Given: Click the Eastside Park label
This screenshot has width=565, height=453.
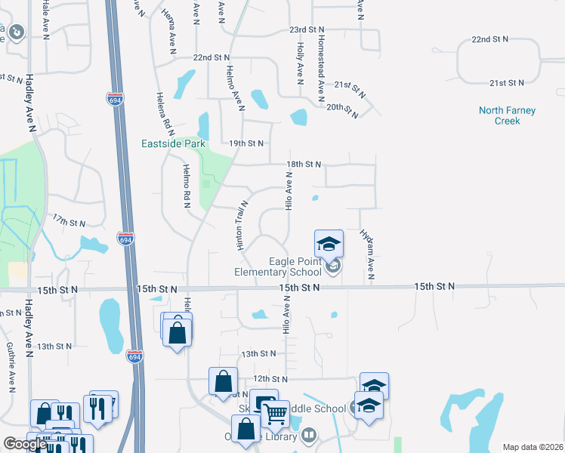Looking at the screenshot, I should [x=173, y=143].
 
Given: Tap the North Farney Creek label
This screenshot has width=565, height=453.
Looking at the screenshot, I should [x=507, y=116].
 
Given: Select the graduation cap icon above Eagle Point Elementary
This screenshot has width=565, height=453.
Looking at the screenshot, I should [x=329, y=244].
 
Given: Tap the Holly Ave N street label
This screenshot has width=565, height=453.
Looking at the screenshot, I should [x=300, y=62].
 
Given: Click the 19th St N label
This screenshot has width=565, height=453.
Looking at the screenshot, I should [x=246, y=143].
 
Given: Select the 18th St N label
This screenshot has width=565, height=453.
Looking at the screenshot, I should [x=304, y=164].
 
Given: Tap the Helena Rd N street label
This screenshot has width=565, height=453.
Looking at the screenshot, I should [x=160, y=112].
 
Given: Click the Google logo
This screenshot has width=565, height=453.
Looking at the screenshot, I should [x=25, y=444].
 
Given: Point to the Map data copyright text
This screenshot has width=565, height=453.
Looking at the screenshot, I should [x=533, y=447].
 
